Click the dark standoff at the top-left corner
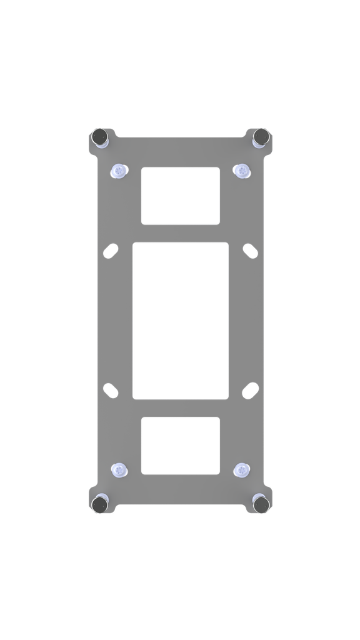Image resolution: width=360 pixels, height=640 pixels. [99, 136]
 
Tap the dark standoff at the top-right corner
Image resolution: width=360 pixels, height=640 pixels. [261, 136]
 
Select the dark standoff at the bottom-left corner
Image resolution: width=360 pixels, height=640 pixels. [99, 504]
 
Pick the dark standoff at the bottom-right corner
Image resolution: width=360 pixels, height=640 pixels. [261, 504]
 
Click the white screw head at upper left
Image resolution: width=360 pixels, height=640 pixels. [118, 171]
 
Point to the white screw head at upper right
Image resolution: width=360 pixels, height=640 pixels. [242, 171]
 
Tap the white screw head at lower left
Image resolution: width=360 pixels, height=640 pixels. [118, 471]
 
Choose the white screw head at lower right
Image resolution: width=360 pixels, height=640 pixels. [242, 471]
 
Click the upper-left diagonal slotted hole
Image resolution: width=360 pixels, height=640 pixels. [111, 251]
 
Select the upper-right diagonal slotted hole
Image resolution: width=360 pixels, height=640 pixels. [250, 251]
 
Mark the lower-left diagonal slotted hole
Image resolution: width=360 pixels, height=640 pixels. [111, 389]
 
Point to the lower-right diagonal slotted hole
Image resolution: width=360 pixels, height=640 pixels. [250, 389]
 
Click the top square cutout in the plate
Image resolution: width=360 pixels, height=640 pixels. [181, 196]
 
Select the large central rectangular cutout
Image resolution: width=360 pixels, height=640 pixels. [181, 320]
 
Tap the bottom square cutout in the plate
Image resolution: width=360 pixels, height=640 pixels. [181, 445]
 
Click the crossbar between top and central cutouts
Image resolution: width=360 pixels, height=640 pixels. [181, 233]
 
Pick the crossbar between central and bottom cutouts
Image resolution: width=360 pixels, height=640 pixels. [181, 407]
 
